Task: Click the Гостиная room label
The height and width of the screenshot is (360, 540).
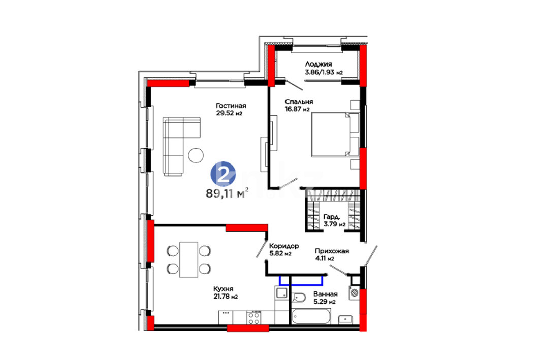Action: click(231, 106)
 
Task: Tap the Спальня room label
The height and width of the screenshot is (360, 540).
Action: click(299, 102)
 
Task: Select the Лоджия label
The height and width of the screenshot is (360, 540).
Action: click(318, 64)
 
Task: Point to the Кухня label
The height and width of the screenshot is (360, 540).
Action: click(223, 289)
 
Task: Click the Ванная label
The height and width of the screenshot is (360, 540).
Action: click(325, 294)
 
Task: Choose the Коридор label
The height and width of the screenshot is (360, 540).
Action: click(284, 246)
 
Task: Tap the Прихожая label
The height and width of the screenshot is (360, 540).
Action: click(332, 251)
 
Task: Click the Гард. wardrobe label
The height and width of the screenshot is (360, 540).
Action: click(332, 217)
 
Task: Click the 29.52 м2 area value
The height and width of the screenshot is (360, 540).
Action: click(229, 113)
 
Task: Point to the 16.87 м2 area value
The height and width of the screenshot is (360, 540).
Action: click(297, 109)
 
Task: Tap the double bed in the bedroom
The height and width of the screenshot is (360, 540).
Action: click(335, 135)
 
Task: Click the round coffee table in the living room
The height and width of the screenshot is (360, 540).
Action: click(196, 155)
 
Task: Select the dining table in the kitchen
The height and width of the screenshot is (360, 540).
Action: click(189, 259)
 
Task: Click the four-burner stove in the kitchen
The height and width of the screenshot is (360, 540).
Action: click(254, 318)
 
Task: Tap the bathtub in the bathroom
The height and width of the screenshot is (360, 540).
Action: click(311, 316)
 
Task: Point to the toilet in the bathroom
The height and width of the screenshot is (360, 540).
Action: click(299, 298)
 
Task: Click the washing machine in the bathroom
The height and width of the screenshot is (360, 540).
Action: click(354, 293)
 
